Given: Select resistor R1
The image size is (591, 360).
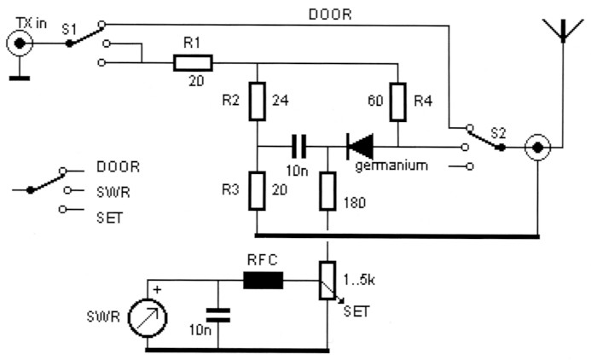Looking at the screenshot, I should pos(192,62).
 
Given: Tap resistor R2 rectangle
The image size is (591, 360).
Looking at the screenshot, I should pos(256,101).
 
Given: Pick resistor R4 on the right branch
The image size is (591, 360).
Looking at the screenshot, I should pos(397,101).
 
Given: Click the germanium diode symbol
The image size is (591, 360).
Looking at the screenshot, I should pos(358,145).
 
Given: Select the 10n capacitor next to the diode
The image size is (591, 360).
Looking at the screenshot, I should pos(299,145).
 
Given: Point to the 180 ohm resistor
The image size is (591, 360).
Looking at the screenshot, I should pos(327,189).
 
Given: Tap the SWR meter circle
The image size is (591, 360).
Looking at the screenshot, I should pos(147,323).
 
